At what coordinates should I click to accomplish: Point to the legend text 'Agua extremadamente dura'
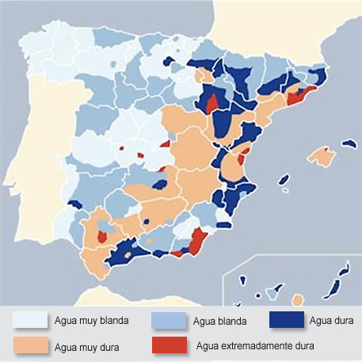pyautogui.click(x=254, y=346)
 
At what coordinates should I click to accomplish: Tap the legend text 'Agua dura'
pyautogui.click(x=330, y=320)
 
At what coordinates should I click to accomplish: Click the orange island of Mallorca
pyautogui.click(x=322, y=156)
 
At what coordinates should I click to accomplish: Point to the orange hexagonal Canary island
pyautogui.click(x=297, y=299)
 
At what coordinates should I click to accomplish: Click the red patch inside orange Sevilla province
pyautogui.click(x=102, y=238)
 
